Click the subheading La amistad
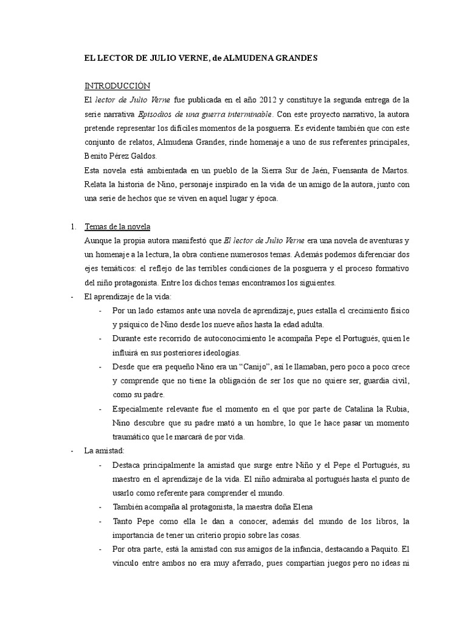click(x=105, y=451)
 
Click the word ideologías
click(x=218, y=353)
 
